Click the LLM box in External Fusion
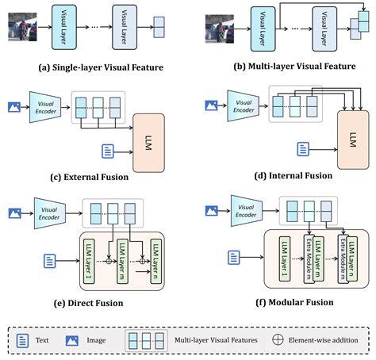point(148,143)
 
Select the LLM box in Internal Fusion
point(353,140)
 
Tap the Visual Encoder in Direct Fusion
point(50,213)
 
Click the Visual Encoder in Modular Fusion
point(247,211)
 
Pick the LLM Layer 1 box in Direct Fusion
point(89,261)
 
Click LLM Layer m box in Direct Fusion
point(122,261)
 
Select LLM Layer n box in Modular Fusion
point(352,259)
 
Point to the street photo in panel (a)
point(22,27)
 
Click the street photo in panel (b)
point(220,29)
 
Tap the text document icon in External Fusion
point(108,151)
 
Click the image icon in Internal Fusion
point(212,105)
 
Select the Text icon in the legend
point(22,340)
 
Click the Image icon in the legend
point(72,340)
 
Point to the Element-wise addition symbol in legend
point(278,339)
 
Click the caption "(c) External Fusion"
point(90,177)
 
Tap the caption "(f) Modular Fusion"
point(294,302)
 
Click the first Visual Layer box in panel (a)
point(64,27)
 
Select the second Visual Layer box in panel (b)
point(324,29)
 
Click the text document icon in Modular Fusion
point(234,258)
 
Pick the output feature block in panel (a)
point(159,27)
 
